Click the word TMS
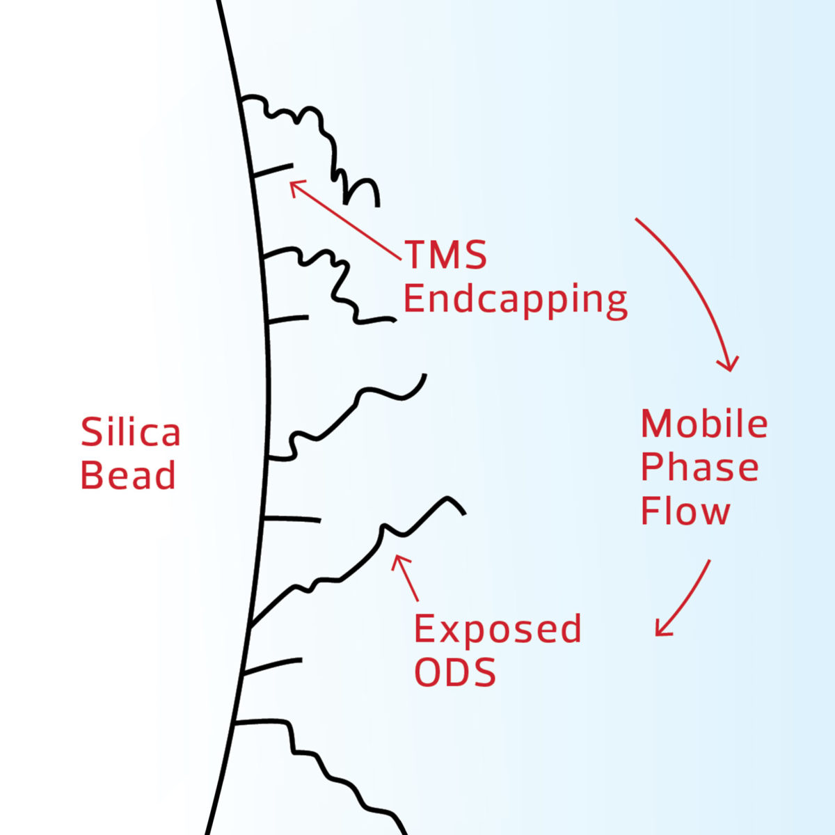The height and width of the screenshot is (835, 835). point(445,255)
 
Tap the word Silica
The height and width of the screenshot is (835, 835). point(131,433)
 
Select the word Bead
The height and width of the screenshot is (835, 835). point(128,476)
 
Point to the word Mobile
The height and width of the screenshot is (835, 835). point(704,424)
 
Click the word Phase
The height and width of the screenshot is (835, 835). point(699,468)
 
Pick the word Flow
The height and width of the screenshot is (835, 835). point(685,511)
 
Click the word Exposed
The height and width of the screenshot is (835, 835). point(498,629)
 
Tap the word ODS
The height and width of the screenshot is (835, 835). point(455,673)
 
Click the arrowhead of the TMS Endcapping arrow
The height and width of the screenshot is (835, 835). point(293,184)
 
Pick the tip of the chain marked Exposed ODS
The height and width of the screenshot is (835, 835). point(462,512)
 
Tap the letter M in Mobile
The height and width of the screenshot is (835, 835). point(655,424)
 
